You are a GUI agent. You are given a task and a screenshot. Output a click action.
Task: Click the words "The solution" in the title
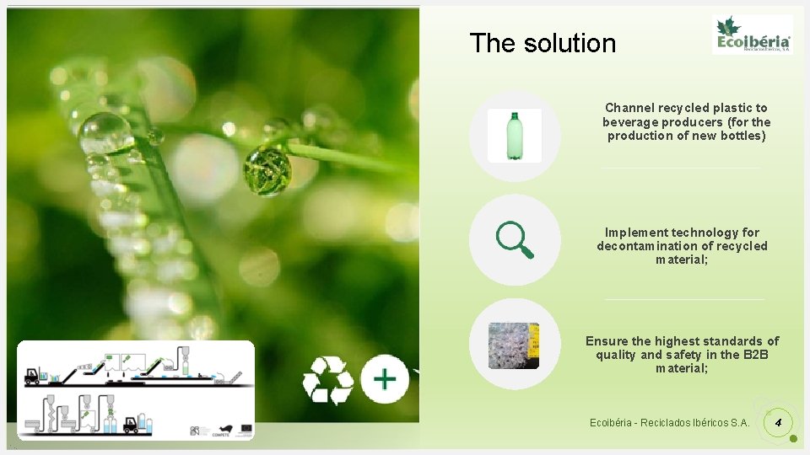(x=543, y=43)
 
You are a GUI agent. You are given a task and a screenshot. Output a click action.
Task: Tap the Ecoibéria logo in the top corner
(x=753, y=35)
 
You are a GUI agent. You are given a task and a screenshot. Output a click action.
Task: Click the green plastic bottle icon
(x=515, y=136)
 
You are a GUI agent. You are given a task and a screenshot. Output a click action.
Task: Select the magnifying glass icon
(x=515, y=240)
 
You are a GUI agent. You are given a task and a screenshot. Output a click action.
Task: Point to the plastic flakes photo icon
(x=514, y=345)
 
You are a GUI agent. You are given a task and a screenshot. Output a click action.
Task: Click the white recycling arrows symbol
(x=327, y=380)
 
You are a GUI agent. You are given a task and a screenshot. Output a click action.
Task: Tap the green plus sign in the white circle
(x=385, y=378)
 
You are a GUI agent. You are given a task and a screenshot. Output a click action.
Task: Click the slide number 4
(x=779, y=421)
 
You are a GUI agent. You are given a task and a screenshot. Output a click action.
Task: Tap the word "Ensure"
(x=607, y=341)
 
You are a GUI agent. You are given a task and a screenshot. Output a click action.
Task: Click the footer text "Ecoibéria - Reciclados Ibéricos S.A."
(x=669, y=422)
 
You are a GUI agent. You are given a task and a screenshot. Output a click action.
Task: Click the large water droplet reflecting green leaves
(x=267, y=169)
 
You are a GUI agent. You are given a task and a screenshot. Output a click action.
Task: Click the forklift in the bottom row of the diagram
(x=130, y=425)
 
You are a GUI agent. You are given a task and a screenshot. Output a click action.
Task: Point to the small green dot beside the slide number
(x=793, y=439)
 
